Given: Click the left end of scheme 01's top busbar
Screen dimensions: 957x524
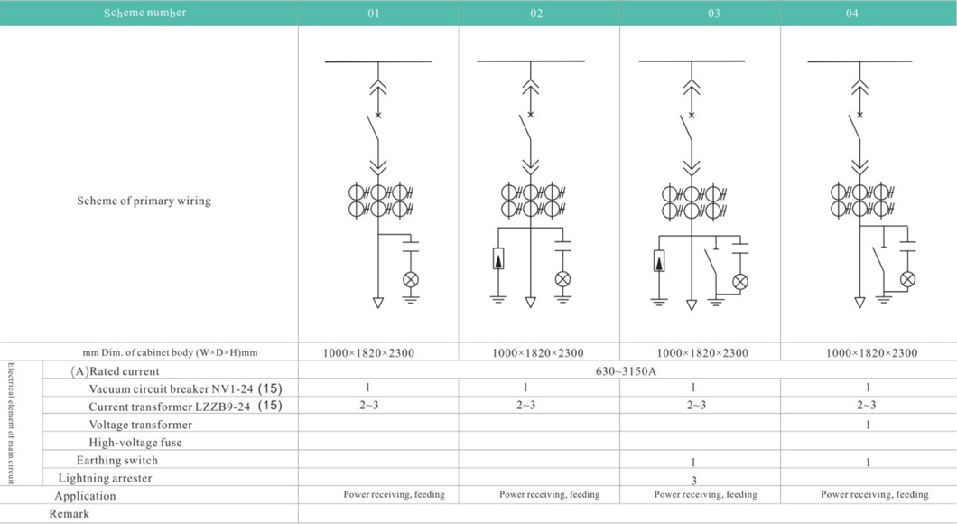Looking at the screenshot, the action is (x=325, y=61).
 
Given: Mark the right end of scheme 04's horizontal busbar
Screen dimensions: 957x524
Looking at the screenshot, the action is (x=912, y=61).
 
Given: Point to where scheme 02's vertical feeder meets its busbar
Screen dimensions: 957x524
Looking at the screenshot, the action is (x=530, y=61).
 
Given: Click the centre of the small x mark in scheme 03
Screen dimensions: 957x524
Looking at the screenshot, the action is (x=692, y=115).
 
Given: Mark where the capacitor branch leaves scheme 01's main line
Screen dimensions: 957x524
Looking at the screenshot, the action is (x=378, y=235).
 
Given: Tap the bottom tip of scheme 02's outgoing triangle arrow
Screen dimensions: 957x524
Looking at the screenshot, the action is (x=530, y=307).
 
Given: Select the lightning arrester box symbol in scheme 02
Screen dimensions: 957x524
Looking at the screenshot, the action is (x=498, y=259).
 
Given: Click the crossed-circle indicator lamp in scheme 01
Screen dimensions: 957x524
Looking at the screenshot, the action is (x=411, y=280).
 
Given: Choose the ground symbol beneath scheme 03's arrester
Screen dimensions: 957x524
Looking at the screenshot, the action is (x=659, y=302).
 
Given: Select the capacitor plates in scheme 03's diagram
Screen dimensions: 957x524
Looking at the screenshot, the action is (x=740, y=248).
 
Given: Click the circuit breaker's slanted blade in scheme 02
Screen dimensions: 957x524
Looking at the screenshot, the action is (x=525, y=129).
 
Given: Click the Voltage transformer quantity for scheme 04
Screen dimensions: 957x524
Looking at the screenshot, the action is (x=868, y=425).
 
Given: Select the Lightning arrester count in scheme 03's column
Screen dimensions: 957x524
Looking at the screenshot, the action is (x=694, y=481).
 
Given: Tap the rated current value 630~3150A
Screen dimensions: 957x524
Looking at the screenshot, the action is (x=627, y=371).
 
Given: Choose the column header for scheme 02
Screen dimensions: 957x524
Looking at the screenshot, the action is (x=536, y=14).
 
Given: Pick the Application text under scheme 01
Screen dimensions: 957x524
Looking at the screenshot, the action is (x=395, y=494).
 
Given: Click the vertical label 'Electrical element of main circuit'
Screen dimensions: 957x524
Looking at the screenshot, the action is (x=11, y=425).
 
